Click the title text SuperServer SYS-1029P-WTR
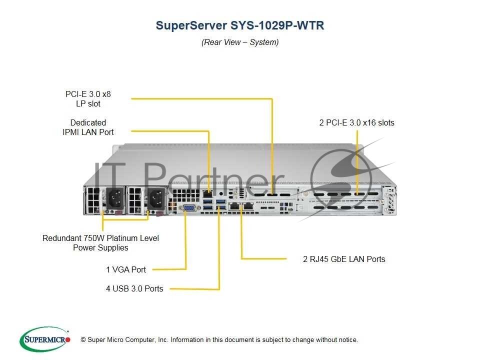[x=240, y=25]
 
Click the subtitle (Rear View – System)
[x=240, y=42]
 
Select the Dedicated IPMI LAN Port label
[x=88, y=127]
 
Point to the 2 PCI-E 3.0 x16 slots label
[x=357, y=122]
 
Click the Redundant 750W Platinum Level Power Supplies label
[x=100, y=243]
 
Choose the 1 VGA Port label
[x=126, y=270]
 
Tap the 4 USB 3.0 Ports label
[x=134, y=288]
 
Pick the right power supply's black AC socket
[x=153, y=200]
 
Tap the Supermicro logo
[x=45, y=339]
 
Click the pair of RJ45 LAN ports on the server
[x=240, y=206]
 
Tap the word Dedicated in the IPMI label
[x=88, y=122]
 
